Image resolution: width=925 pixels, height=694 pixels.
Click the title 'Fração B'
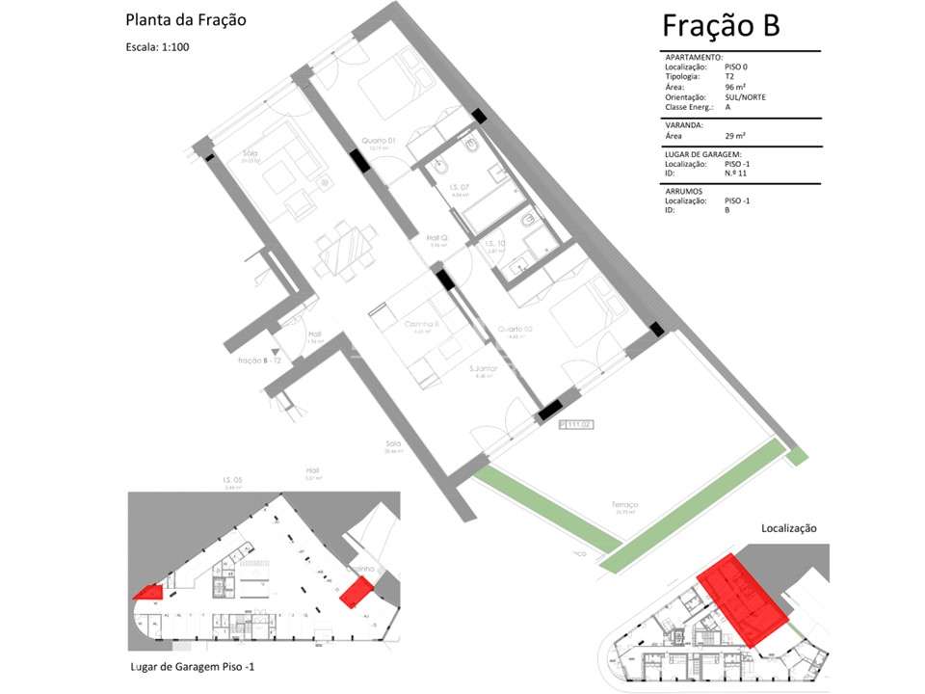pos(721,26)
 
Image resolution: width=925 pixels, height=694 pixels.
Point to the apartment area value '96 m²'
pos(736,88)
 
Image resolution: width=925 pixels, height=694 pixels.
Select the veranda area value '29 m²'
pos(735,136)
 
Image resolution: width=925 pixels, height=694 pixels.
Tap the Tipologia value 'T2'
pos(729,77)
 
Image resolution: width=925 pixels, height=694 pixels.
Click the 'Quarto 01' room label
pos(379,141)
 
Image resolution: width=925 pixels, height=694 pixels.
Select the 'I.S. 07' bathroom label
pos(459,187)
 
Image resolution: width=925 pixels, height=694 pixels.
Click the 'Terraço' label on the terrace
pos(624,504)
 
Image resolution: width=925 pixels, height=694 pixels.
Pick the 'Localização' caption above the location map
pos(788,528)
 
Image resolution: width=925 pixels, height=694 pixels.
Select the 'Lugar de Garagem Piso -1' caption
pos(192,666)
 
